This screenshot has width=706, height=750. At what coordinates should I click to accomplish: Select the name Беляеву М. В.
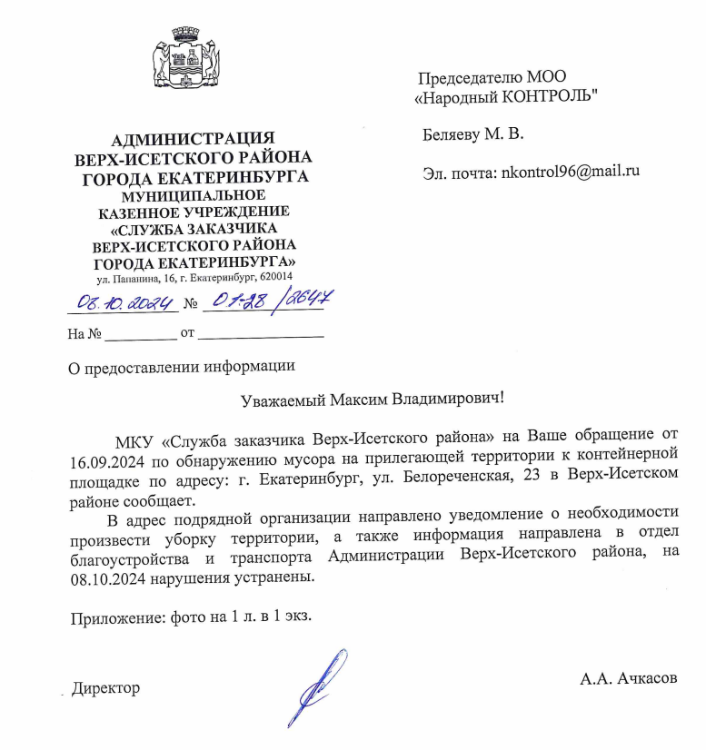click(x=473, y=135)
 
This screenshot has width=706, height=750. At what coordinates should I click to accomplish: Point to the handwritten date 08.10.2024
click(x=124, y=301)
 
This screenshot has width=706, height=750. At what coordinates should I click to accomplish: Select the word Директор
click(x=107, y=688)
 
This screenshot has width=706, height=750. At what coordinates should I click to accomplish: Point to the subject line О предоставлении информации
click(x=183, y=367)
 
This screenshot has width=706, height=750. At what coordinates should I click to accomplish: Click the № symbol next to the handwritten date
click(x=191, y=302)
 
